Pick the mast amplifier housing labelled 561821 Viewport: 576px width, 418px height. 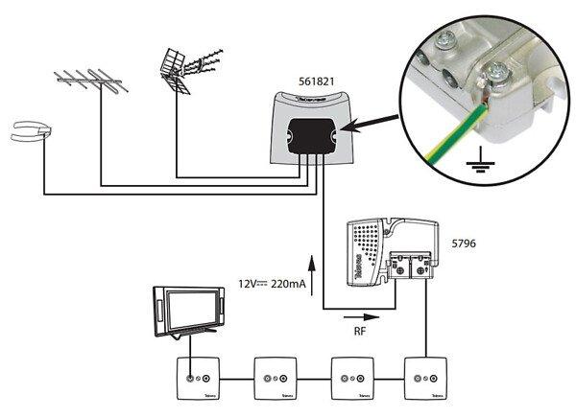click(x=307, y=129)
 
